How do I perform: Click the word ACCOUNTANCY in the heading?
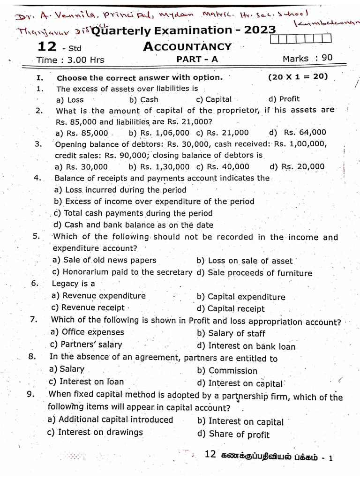point(187,46)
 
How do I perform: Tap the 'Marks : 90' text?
point(307,58)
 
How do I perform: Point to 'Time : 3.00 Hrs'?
point(70,60)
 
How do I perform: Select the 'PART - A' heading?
point(197,59)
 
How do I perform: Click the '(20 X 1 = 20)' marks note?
point(298,77)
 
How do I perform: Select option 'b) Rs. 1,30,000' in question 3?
point(159,167)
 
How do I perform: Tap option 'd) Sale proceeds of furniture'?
point(255,273)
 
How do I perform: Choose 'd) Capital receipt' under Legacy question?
point(231,309)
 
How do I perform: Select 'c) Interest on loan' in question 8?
point(86,382)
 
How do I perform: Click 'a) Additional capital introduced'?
point(111,420)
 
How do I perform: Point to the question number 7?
point(33,320)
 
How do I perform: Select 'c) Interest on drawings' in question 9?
point(95,432)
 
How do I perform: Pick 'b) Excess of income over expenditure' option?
point(154,202)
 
